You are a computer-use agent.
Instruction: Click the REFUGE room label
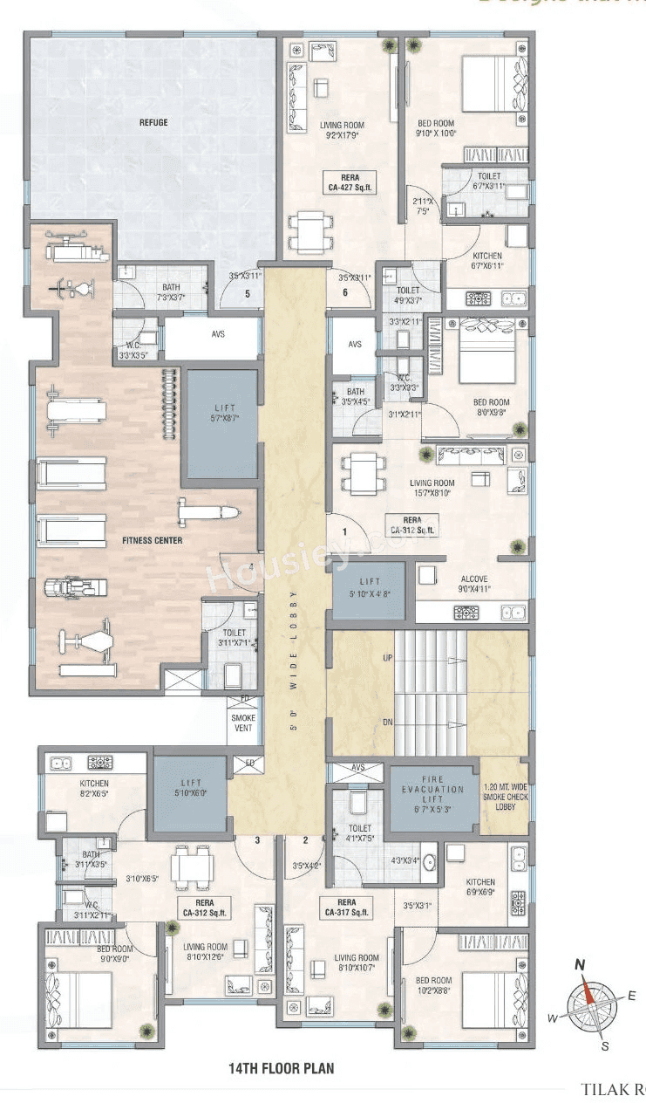click(153, 123)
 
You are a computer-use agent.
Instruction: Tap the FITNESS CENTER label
click(153, 541)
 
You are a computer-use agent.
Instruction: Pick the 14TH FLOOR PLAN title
click(281, 1067)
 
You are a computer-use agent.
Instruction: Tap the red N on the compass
click(579, 964)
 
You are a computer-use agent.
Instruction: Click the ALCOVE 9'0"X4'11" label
click(473, 584)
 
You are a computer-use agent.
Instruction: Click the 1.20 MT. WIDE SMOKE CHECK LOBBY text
click(505, 797)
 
